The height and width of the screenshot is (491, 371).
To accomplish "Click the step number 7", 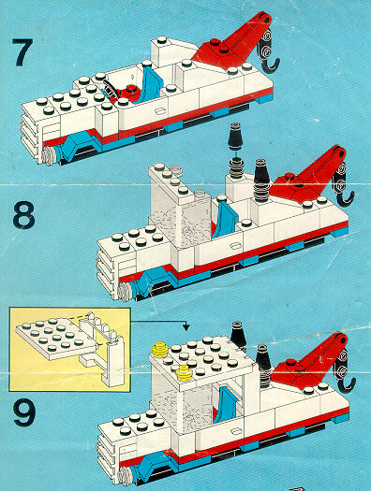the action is tap(22, 52).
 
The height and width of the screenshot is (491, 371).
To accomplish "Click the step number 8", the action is tap(23, 215).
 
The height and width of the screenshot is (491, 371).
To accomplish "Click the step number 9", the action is tap(24, 412).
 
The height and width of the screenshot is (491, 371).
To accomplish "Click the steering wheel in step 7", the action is tap(109, 89).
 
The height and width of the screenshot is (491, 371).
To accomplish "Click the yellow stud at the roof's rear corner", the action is tap(160, 350).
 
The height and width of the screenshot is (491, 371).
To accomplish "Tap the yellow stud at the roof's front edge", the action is tap(184, 373).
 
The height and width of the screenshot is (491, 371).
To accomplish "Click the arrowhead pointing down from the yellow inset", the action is tap(186, 327).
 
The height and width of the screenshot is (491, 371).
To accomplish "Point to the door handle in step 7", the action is tap(160, 111).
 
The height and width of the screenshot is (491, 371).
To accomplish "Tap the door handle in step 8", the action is tap(235, 245).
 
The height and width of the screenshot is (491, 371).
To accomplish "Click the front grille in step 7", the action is tap(30, 137).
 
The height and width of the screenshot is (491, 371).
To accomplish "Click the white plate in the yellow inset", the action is tap(56, 339).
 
